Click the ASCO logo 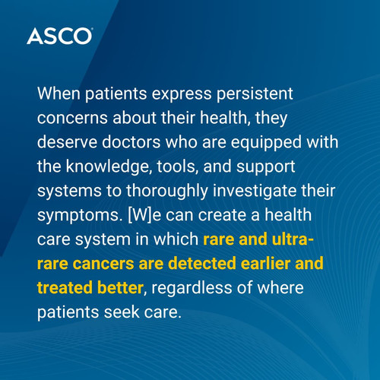(60, 36)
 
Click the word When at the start (59, 93)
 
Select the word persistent (255, 94)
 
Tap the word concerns (72, 118)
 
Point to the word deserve (67, 142)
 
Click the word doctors (131, 142)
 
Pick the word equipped (266, 143)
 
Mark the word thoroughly (167, 192)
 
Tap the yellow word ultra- (293, 239)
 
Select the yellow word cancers (103, 264)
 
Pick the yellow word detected (202, 263)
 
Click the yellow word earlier (265, 263)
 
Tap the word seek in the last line (122, 312)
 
